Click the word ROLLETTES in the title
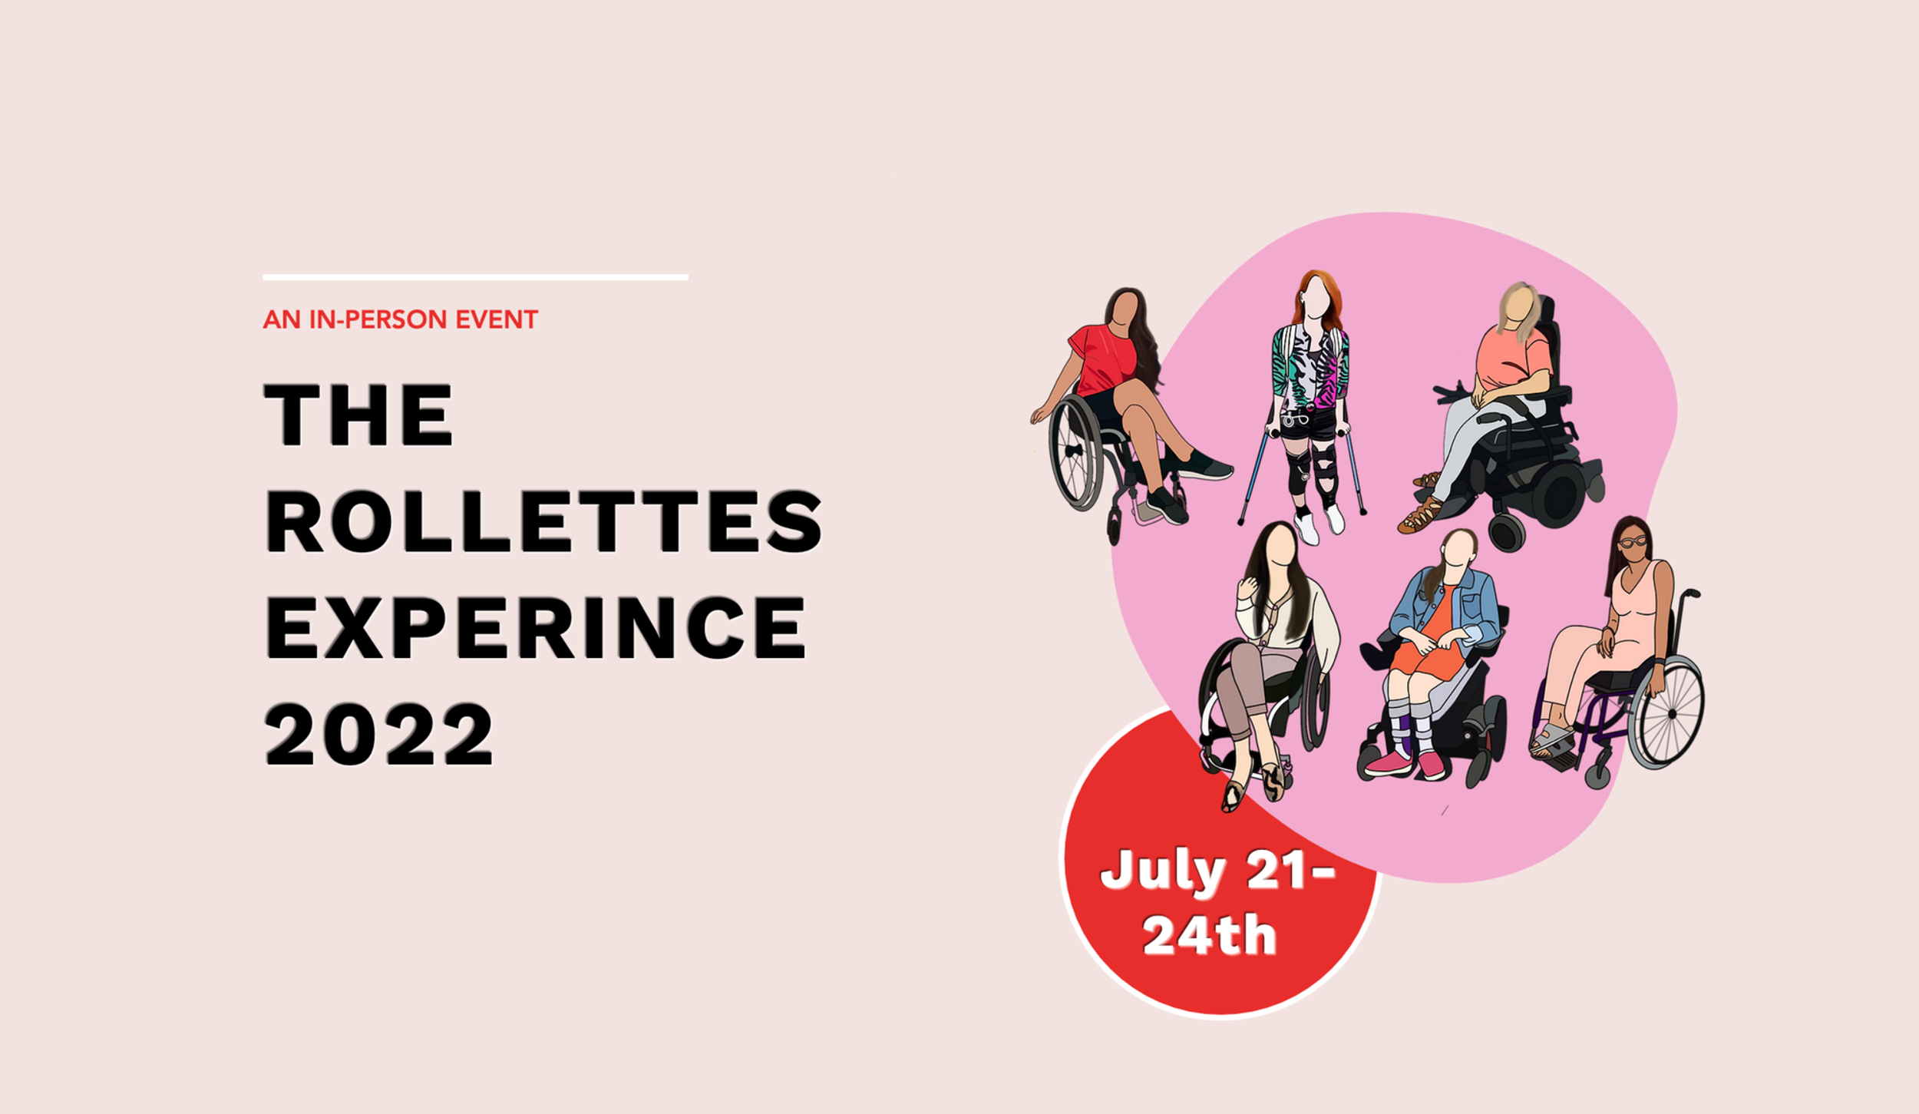coord(543,521)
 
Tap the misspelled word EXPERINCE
coord(535,628)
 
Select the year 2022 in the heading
coord(379,734)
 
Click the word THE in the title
coord(358,415)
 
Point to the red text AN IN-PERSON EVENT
coord(400,319)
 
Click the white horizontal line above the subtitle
coord(475,277)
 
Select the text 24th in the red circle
coord(1209,934)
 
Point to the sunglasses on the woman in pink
coord(1633,542)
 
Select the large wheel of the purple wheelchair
coord(1666,712)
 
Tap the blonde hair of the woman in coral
coord(1518,308)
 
